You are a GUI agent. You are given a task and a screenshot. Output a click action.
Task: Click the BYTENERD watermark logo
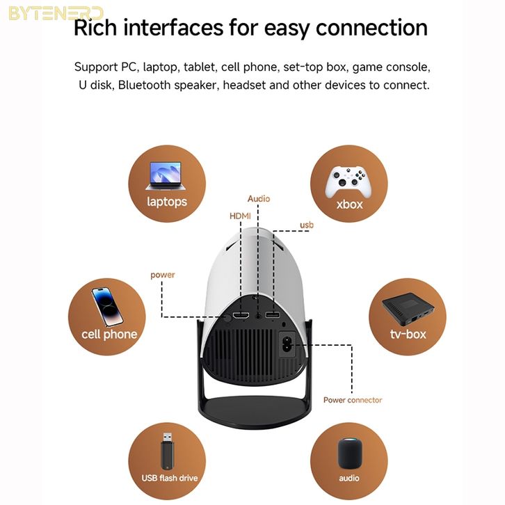[x=56, y=13]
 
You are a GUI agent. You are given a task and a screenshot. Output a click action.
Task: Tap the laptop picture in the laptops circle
[x=164, y=176]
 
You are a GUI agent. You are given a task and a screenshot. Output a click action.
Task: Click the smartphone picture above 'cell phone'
[x=106, y=305]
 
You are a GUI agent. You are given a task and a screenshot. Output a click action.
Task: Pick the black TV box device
[x=406, y=307]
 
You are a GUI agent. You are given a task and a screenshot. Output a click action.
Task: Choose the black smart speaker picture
[x=348, y=454]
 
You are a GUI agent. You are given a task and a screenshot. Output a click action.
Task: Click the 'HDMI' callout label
[x=240, y=216]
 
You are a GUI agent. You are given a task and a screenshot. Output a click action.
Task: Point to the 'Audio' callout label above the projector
[x=259, y=199]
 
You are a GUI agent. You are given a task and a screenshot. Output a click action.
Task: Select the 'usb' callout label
[x=307, y=225]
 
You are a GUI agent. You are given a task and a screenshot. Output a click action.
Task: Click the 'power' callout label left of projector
[x=163, y=275]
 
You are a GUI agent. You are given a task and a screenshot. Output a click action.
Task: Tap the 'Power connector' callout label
[x=352, y=400]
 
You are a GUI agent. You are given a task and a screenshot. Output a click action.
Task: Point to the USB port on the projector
[x=273, y=316]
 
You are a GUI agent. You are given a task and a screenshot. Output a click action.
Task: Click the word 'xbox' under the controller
[x=349, y=205]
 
